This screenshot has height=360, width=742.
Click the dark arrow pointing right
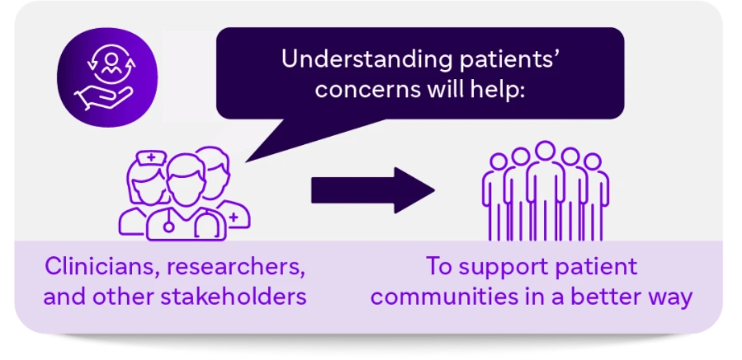pyautogui.click(x=373, y=190)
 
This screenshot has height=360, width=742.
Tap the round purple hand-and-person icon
pyautogui.click(x=107, y=77)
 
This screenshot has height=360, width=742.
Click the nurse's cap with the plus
pyautogui.click(x=151, y=157)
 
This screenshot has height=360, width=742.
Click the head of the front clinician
pyautogui.click(x=185, y=181)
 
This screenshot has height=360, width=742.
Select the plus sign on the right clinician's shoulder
pyautogui.click(x=233, y=217)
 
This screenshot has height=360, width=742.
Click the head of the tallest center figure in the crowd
pyautogui.click(x=545, y=150)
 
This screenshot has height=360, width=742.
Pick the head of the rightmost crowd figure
pyautogui.click(x=592, y=161)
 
